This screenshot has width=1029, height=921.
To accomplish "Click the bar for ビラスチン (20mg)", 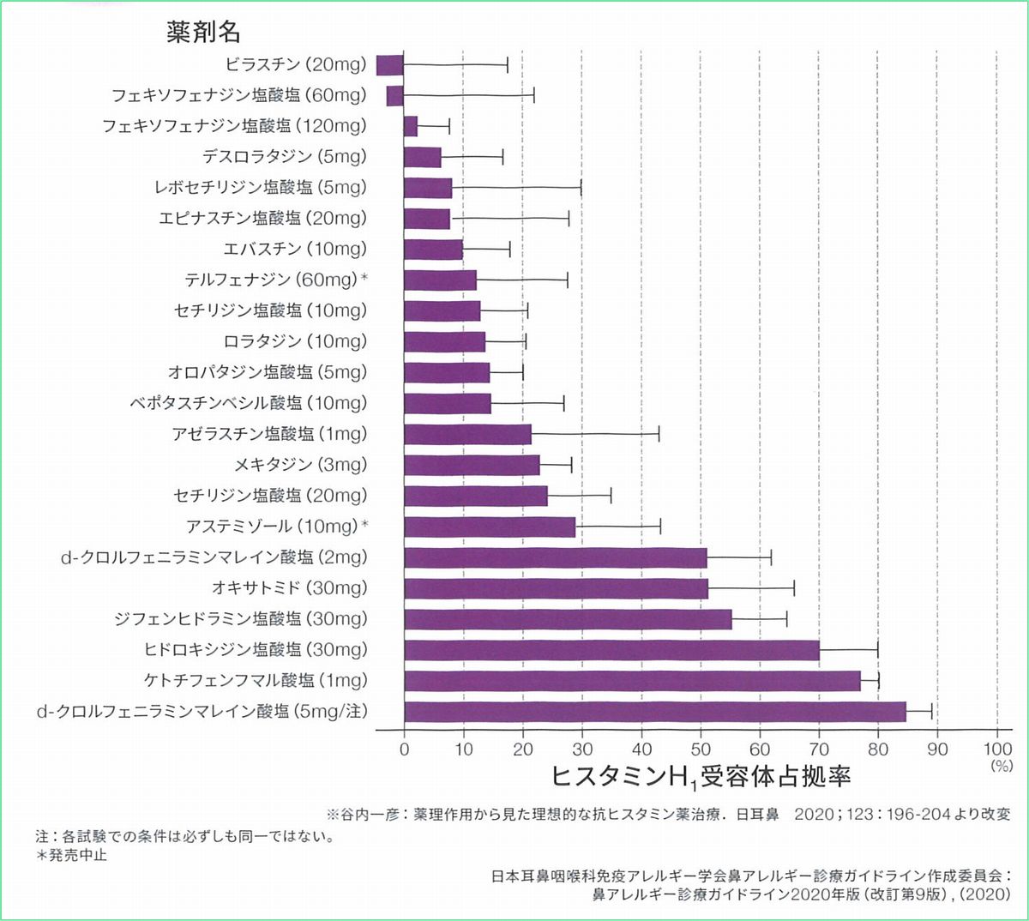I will coord(390,65).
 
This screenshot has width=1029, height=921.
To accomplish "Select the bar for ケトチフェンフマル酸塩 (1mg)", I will coord(632,681).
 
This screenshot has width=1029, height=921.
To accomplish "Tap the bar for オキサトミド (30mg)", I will coord(556,588).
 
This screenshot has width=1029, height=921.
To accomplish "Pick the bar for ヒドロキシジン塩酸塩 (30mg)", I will coord(611,650).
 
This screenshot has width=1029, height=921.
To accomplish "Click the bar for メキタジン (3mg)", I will coord(472,465).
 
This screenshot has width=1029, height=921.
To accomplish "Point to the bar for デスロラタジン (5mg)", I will coord(422,157).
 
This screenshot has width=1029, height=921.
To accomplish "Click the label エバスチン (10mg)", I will coord(295,250).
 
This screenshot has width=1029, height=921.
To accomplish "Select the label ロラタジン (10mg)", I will coord(295,342).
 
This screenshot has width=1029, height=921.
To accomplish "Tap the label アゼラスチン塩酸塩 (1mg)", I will coord(269,434).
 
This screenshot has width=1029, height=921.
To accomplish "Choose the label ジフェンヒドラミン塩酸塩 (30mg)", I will coord(241,619).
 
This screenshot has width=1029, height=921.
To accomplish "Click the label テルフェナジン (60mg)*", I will coord(276,280).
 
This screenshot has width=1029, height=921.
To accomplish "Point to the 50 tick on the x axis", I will coord(701,749).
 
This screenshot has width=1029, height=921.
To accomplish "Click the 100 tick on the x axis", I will coord(997,749).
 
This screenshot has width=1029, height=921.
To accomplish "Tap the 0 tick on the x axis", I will coord(405,749).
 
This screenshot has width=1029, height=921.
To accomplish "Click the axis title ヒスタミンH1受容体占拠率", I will coord(700,777).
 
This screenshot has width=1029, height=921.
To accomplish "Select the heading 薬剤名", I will coord(203,33).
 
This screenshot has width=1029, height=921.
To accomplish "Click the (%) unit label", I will coord(1001,767).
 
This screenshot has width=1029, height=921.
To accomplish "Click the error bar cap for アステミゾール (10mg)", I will coord(660,527).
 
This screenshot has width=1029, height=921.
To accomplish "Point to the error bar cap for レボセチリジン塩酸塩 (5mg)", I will coord(581,188).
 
